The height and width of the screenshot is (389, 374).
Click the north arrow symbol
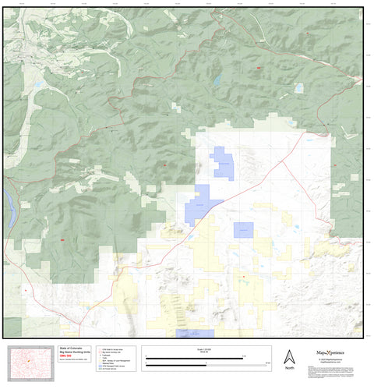289,355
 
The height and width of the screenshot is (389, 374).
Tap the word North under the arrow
289,367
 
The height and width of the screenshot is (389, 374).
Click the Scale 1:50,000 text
207,348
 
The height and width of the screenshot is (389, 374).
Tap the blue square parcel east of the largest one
243,230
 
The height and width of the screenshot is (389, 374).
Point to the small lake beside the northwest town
37,83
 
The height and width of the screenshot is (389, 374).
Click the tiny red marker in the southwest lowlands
25,290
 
